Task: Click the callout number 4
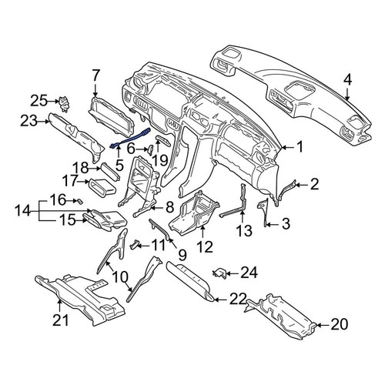pyautogui.click(x=348, y=79)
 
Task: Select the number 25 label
pyautogui.click(x=38, y=99)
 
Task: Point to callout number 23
pyautogui.click(x=28, y=120)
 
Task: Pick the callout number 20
pyautogui.click(x=339, y=326)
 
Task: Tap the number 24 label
pyautogui.click(x=249, y=271)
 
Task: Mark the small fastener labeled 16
pyautogui.click(x=79, y=199)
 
